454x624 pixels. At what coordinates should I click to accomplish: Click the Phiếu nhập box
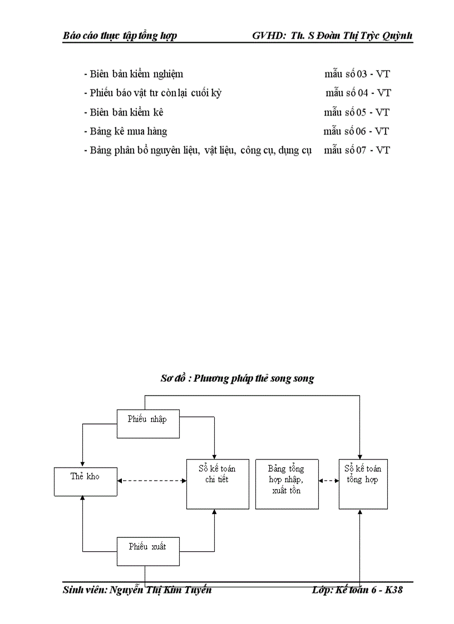click(x=147, y=423)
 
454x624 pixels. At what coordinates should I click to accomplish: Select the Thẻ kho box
click(x=85, y=481)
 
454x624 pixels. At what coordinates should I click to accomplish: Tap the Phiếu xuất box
click(x=147, y=551)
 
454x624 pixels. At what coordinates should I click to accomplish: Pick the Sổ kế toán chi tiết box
click(x=217, y=483)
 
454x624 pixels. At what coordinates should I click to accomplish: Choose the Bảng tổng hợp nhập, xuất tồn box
click(x=287, y=483)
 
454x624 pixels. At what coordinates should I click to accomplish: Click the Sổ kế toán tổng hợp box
click(x=363, y=483)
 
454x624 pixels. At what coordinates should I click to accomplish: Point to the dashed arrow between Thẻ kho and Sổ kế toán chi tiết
click(x=151, y=481)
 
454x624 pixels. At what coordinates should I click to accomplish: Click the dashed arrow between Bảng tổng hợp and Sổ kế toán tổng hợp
click(x=329, y=481)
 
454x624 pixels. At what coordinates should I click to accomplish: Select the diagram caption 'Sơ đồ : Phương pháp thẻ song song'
click(x=237, y=378)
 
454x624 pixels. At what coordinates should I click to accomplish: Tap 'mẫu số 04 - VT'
click(x=358, y=93)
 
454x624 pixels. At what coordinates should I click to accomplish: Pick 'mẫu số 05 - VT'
click(x=357, y=112)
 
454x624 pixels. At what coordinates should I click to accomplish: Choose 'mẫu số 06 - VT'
click(x=356, y=131)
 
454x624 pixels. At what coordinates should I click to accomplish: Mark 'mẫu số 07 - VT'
click(x=357, y=150)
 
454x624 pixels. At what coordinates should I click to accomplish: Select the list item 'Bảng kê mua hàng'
click(x=128, y=131)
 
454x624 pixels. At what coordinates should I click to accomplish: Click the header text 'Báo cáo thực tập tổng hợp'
click(x=120, y=36)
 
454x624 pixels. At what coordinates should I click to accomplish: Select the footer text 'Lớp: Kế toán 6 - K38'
click(x=357, y=590)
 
